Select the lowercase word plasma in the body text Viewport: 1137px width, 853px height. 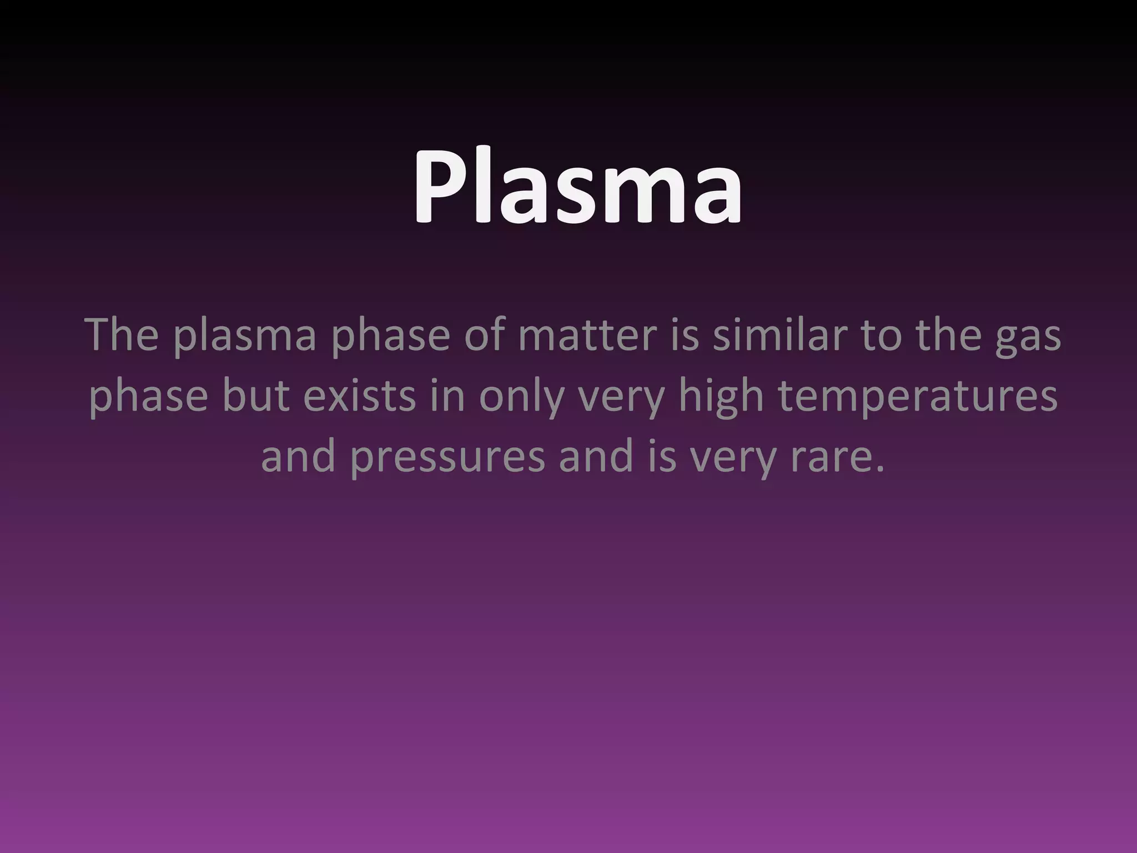(x=244, y=337)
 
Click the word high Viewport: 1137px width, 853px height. (x=721, y=398)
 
